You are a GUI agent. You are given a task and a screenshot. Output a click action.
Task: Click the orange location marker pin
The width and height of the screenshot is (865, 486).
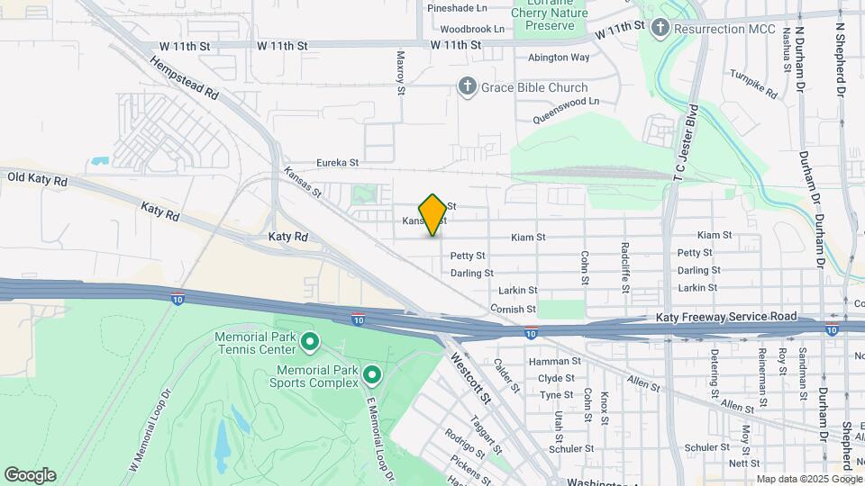[432, 214]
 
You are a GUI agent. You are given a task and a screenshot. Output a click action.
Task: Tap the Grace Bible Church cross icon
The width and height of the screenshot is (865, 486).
[467, 87]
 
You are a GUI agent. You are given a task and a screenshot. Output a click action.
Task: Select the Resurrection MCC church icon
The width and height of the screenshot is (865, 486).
[660, 29]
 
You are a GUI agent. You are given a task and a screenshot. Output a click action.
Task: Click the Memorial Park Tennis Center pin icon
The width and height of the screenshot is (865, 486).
[309, 342]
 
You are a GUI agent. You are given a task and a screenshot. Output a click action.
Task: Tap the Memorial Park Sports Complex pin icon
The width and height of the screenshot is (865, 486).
[372, 373]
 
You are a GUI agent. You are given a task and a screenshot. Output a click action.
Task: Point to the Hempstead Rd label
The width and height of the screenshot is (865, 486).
[184, 79]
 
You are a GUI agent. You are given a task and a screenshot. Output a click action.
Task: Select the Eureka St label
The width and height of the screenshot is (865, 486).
[338, 163]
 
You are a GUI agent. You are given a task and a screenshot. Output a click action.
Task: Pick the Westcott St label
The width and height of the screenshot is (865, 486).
[470, 378]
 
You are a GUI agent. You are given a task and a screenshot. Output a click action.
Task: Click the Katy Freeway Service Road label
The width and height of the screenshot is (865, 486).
[726, 317]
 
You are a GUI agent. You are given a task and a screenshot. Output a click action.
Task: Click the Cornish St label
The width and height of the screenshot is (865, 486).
[514, 309]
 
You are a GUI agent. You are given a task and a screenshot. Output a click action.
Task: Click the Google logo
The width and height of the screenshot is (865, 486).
[30, 474]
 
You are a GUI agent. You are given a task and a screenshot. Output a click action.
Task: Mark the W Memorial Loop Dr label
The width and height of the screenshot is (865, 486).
[149, 430]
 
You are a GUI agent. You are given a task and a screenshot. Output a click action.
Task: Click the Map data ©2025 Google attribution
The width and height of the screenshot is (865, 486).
[804, 478]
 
